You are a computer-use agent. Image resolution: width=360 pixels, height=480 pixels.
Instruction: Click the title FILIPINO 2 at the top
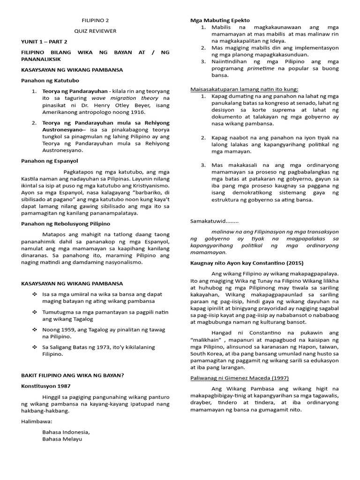[95, 21]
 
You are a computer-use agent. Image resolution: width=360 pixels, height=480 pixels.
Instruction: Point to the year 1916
[137, 112]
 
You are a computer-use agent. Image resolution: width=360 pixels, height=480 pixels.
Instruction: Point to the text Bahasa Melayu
[62, 439]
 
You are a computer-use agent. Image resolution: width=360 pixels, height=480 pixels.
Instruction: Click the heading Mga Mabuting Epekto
[220, 20]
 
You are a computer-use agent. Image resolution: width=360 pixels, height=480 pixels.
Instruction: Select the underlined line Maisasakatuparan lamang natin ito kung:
[244, 89]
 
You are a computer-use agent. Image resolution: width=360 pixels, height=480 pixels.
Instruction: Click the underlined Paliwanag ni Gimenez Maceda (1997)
[239, 378]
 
